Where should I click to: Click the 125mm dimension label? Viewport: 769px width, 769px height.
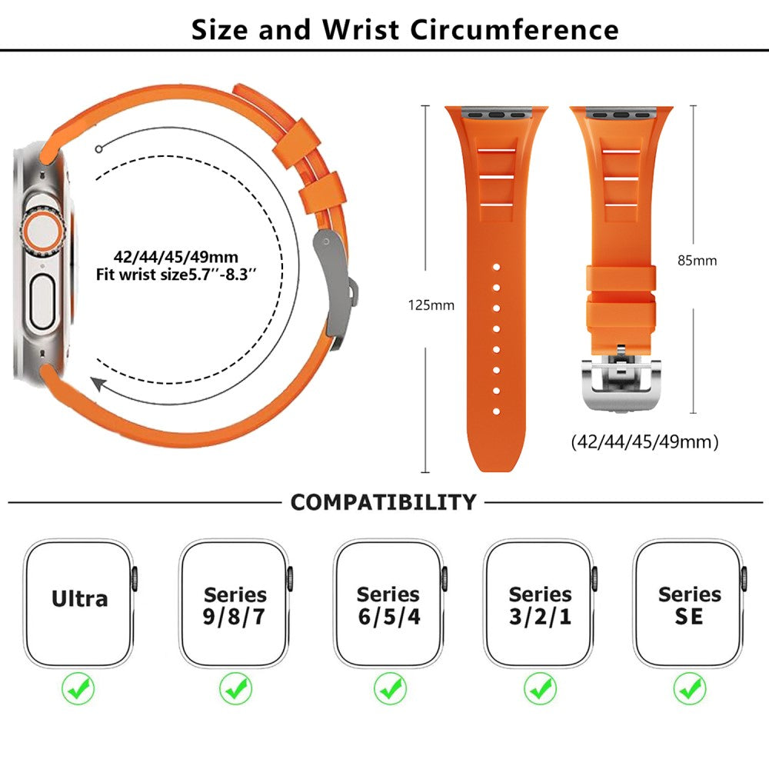[431, 305]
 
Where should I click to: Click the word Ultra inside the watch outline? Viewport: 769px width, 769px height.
[80, 599]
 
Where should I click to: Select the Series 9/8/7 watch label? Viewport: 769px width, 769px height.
[235, 605]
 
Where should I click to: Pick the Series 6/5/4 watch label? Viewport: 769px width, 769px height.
[389, 605]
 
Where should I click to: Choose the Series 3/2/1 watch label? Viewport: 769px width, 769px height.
[540, 605]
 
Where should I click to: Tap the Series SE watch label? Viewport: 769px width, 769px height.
[690, 605]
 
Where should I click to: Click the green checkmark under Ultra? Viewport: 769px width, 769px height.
[78, 687]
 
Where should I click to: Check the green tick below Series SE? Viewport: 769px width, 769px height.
[690, 687]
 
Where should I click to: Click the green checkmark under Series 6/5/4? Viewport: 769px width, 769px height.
[391, 687]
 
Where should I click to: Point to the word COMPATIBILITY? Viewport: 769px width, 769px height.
[383, 502]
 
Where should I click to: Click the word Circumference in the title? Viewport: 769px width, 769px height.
[514, 29]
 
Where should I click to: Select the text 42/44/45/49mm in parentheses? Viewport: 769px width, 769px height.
[644, 442]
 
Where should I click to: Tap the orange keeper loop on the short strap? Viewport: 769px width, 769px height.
[621, 288]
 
